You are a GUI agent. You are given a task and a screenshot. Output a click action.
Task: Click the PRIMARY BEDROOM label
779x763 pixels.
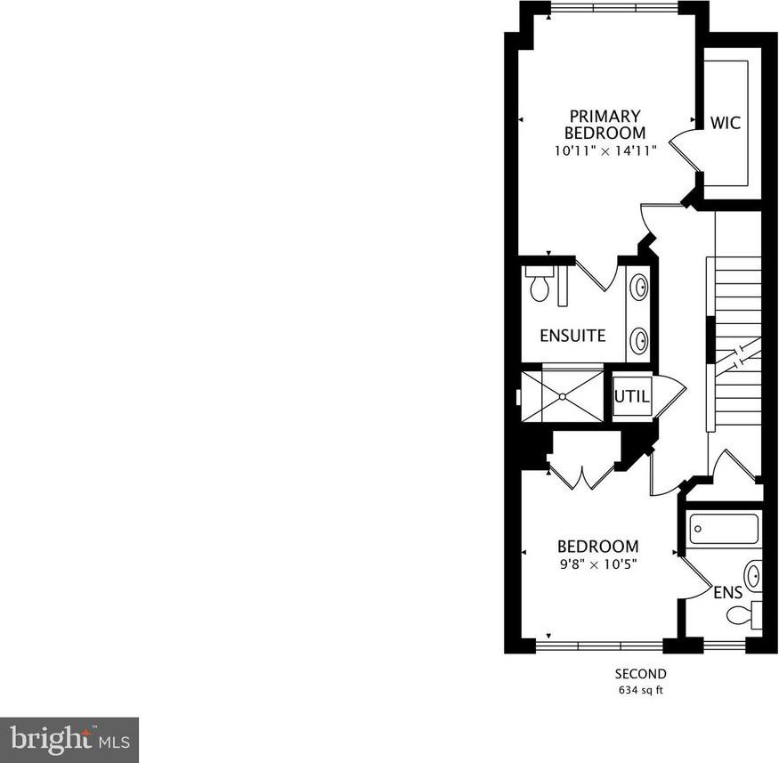click(605, 125)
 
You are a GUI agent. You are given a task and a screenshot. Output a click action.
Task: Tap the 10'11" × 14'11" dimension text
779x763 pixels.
click(605, 151)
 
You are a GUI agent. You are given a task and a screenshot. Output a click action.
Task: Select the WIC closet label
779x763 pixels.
click(726, 123)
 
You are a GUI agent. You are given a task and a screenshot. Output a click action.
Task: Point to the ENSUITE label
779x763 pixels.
click(572, 336)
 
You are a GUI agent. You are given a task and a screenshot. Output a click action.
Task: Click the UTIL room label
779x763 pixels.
click(631, 396)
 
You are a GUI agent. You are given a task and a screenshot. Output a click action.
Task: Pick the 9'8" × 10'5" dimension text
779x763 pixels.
click(598, 564)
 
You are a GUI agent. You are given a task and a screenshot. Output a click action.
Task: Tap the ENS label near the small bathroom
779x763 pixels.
click(728, 593)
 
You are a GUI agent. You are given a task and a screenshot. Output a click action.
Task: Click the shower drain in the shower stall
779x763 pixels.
click(562, 396)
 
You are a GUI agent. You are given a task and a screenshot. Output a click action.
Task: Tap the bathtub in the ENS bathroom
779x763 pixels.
click(725, 529)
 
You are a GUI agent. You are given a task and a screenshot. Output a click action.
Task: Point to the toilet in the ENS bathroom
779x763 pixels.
click(744, 614)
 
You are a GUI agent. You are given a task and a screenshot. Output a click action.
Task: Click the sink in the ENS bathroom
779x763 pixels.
click(753, 577)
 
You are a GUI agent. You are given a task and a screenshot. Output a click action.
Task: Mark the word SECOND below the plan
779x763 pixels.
click(640, 674)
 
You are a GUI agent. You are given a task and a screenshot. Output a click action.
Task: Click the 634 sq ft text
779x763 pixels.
click(640, 690)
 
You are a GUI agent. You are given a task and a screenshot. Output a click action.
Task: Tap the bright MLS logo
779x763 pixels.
click(69, 740)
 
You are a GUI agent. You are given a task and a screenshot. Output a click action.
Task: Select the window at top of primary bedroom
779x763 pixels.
click(613, 7)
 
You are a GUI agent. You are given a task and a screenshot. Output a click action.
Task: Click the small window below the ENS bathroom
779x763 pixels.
click(725, 645)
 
